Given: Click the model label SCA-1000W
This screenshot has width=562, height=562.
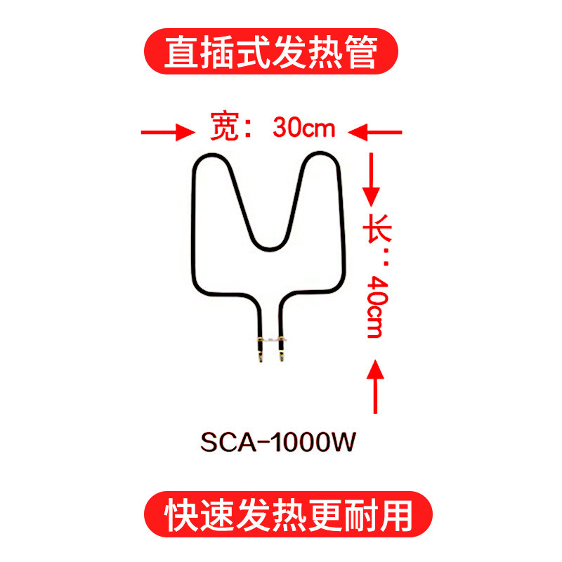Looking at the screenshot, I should [x=280, y=443].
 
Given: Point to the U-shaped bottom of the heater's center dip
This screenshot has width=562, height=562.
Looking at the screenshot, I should [x=270, y=246].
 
